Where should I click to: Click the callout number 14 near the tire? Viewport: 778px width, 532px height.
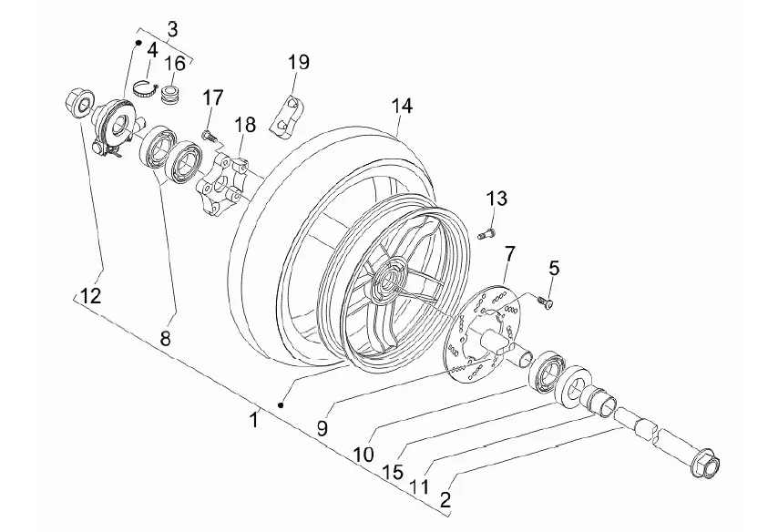[x=402, y=107]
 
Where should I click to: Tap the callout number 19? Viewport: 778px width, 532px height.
[x=299, y=63]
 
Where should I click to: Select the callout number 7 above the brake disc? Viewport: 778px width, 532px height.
[x=510, y=253]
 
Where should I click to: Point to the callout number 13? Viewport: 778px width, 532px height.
[x=496, y=199]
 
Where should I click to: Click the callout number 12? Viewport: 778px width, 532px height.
[x=91, y=296]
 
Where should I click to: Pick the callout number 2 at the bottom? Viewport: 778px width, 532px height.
[x=445, y=499]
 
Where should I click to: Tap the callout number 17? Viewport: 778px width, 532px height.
[x=213, y=97]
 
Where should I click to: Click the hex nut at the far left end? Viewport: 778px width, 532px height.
[x=78, y=102]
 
